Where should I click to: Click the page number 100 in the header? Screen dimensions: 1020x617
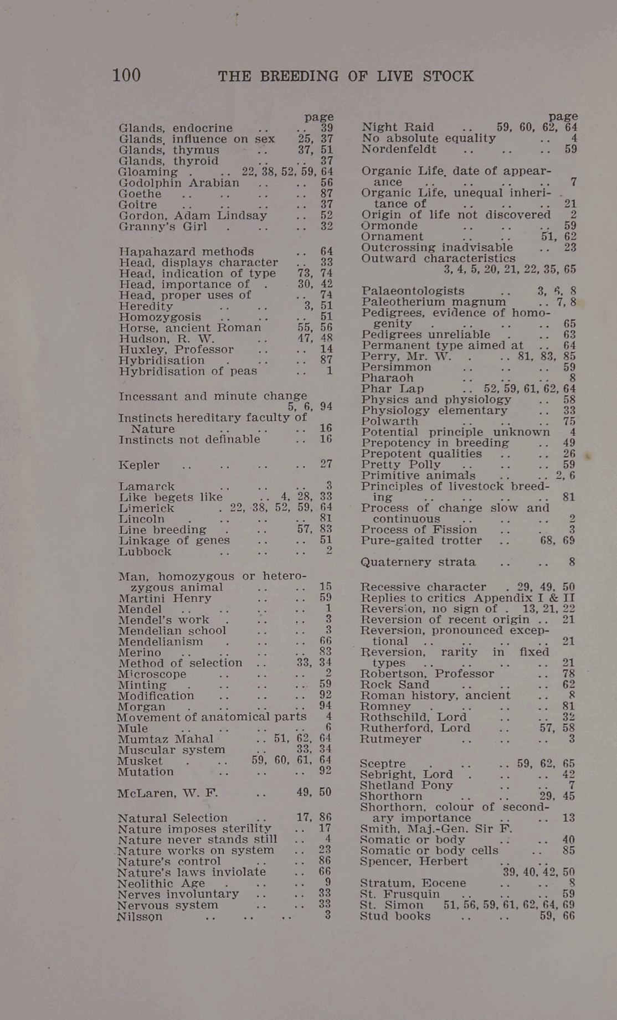tap(126, 75)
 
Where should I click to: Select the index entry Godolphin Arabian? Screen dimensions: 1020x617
tap(179, 183)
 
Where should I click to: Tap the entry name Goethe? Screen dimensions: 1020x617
tap(140, 194)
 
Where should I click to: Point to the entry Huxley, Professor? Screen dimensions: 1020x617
tap(176, 349)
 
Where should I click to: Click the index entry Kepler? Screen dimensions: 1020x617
tap(139, 465)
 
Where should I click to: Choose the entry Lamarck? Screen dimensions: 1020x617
tap(147, 486)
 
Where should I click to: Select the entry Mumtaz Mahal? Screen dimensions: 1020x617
tap(166, 739)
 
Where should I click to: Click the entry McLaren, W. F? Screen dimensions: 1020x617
tap(168, 793)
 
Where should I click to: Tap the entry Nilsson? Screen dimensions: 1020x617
tap(140, 916)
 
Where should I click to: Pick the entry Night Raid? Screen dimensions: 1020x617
tap(398, 127)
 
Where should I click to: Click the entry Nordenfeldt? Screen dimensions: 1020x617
tap(399, 149)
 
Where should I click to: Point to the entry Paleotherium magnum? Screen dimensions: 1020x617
tap(434, 302)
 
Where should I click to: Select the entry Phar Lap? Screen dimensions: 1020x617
tap(393, 389)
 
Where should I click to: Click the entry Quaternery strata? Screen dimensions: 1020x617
tap(418, 562)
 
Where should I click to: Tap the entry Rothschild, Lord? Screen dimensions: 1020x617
tap(413, 717)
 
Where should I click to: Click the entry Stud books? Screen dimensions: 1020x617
tap(395, 916)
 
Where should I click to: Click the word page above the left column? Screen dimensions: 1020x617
tap(319, 117)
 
